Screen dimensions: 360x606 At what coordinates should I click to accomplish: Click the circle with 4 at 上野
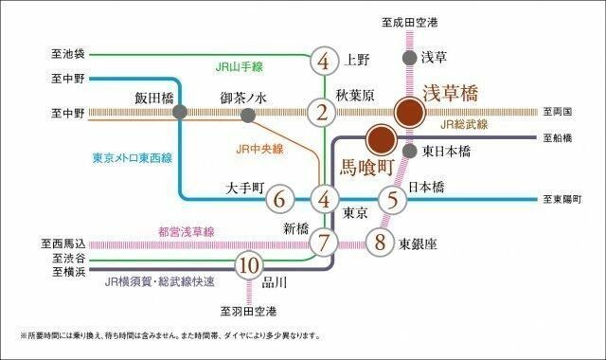click(x=324, y=62)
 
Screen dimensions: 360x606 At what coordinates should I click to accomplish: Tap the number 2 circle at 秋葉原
click(x=324, y=114)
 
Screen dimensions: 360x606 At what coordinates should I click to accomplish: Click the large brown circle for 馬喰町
click(x=382, y=140)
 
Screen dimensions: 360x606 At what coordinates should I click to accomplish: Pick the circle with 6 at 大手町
click(x=277, y=200)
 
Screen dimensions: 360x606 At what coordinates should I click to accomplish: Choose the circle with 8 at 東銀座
click(x=379, y=241)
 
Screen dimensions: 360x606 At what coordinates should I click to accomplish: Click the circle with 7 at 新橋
click(x=324, y=241)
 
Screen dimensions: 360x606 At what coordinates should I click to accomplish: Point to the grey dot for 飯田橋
click(x=180, y=113)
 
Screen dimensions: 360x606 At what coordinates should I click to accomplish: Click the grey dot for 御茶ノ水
click(x=248, y=115)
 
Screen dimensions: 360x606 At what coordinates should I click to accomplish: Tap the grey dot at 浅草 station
click(x=408, y=57)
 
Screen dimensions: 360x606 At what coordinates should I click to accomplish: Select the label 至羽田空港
click(x=249, y=311)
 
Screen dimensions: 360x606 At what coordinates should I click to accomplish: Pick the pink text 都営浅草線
click(x=187, y=230)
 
